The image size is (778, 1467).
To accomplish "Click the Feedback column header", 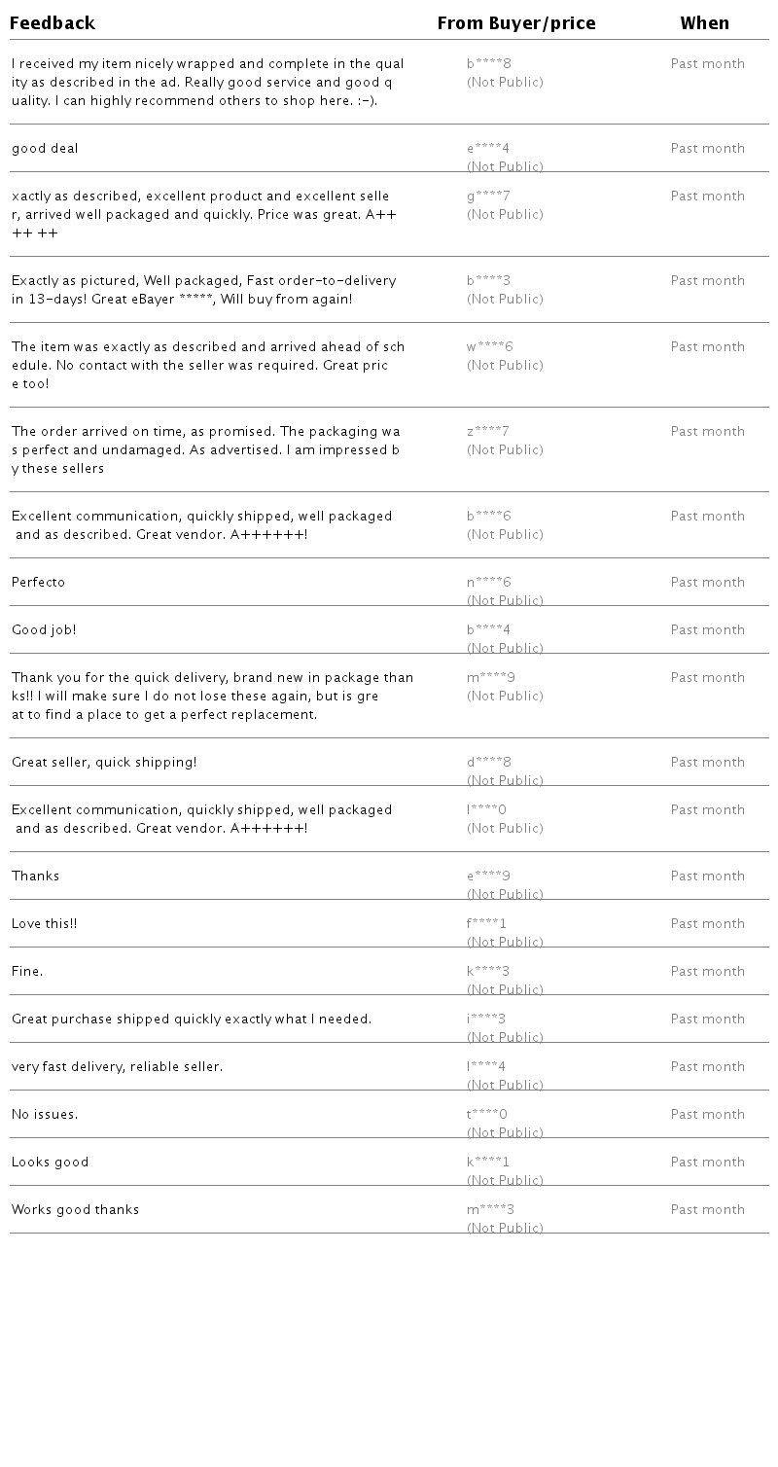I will [x=53, y=23].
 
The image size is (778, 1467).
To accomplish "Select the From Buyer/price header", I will [x=515, y=23].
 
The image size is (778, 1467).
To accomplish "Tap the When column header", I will [x=704, y=23].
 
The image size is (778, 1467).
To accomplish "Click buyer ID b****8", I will [x=488, y=64].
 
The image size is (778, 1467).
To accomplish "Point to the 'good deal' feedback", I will [x=45, y=149].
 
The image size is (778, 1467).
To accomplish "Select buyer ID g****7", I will [x=488, y=197].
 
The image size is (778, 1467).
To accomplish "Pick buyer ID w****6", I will [x=489, y=347].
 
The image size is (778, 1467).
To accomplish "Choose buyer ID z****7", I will [x=488, y=432].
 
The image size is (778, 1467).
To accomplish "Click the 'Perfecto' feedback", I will [x=39, y=583].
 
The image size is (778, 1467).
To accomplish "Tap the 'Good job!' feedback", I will [x=44, y=630].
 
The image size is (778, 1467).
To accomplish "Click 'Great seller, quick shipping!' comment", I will [x=104, y=763].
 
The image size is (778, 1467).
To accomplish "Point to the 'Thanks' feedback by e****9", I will [x=36, y=877].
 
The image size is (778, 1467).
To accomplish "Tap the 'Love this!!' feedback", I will [x=45, y=924].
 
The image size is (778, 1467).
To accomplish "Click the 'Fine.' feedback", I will [x=27, y=972].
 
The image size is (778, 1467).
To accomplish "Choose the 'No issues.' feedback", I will [x=45, y=1115].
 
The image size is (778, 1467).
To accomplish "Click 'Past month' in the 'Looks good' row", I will [x=707, y=1163].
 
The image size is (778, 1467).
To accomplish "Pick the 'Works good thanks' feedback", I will [x=76, y=1210].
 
